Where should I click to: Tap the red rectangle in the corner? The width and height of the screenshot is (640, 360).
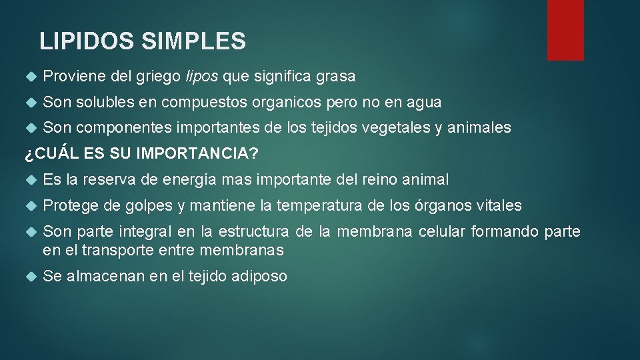[565, 30]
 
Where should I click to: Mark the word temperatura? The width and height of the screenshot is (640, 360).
[319, 206]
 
